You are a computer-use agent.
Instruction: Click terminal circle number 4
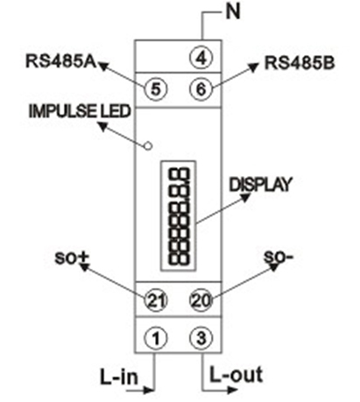pos(201,58)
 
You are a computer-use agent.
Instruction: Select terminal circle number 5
pos(156,88)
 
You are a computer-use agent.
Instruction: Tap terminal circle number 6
pos(201,88)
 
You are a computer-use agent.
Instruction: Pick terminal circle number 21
pos(156,300)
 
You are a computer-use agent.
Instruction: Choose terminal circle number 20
pos(201,300)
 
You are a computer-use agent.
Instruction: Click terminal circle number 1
pos(156,338)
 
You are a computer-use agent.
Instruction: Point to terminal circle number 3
pos(201,338)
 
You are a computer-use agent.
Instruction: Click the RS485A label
pos(61,61)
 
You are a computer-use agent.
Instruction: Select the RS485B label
pos(300,63)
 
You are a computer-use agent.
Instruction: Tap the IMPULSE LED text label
pos(80,111)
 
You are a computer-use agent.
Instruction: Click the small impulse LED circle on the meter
pos(149,145)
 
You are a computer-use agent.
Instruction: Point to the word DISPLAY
pos(260,185)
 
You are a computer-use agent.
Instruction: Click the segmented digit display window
pos(179,215)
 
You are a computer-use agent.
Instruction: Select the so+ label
pos(73,257)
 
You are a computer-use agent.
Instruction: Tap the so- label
pos(279,257)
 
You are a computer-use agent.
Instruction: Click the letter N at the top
pos(233,12)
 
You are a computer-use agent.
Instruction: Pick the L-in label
pos(119,377)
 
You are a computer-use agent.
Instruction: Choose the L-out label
pos(236,375)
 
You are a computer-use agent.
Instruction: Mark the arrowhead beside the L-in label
pos(149,390)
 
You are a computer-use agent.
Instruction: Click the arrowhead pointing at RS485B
pos(253,67)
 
